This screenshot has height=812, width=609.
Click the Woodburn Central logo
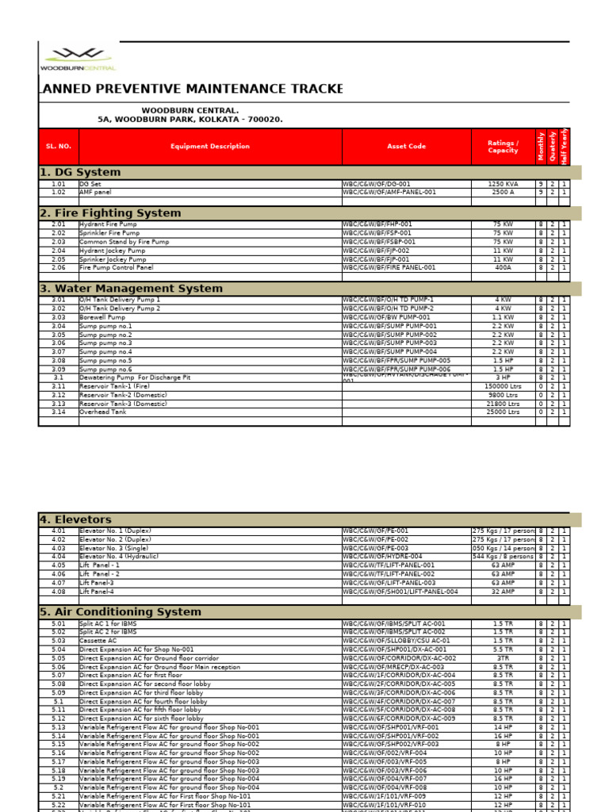click(78, 59)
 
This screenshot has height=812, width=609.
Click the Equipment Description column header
click(210, 147)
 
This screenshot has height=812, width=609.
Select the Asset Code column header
click(406, 147)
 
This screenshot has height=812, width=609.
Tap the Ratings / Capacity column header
click(503, 147)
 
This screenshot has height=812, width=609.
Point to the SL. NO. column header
click(59, 147)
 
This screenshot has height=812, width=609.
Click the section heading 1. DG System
click(80, 172)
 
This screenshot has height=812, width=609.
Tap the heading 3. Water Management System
click(131, 289)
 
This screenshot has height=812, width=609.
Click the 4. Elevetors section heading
click(75, 519)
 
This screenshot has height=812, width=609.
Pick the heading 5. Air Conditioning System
click(121, 612)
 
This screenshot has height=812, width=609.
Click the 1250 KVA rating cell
click(503, 184)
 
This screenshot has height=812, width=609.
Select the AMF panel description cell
click(96, 192)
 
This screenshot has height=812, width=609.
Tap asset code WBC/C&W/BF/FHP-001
click(378, 224)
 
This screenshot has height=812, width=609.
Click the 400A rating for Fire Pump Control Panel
click(503, 268)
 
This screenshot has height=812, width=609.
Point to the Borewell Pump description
click(102, 317)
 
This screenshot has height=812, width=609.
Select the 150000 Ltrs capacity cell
click(503, 386)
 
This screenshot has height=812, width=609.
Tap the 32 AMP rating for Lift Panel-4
click(503, 592)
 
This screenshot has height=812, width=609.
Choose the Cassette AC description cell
click(98, 641)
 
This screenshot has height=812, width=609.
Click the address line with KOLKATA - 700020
click(190, 119)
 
